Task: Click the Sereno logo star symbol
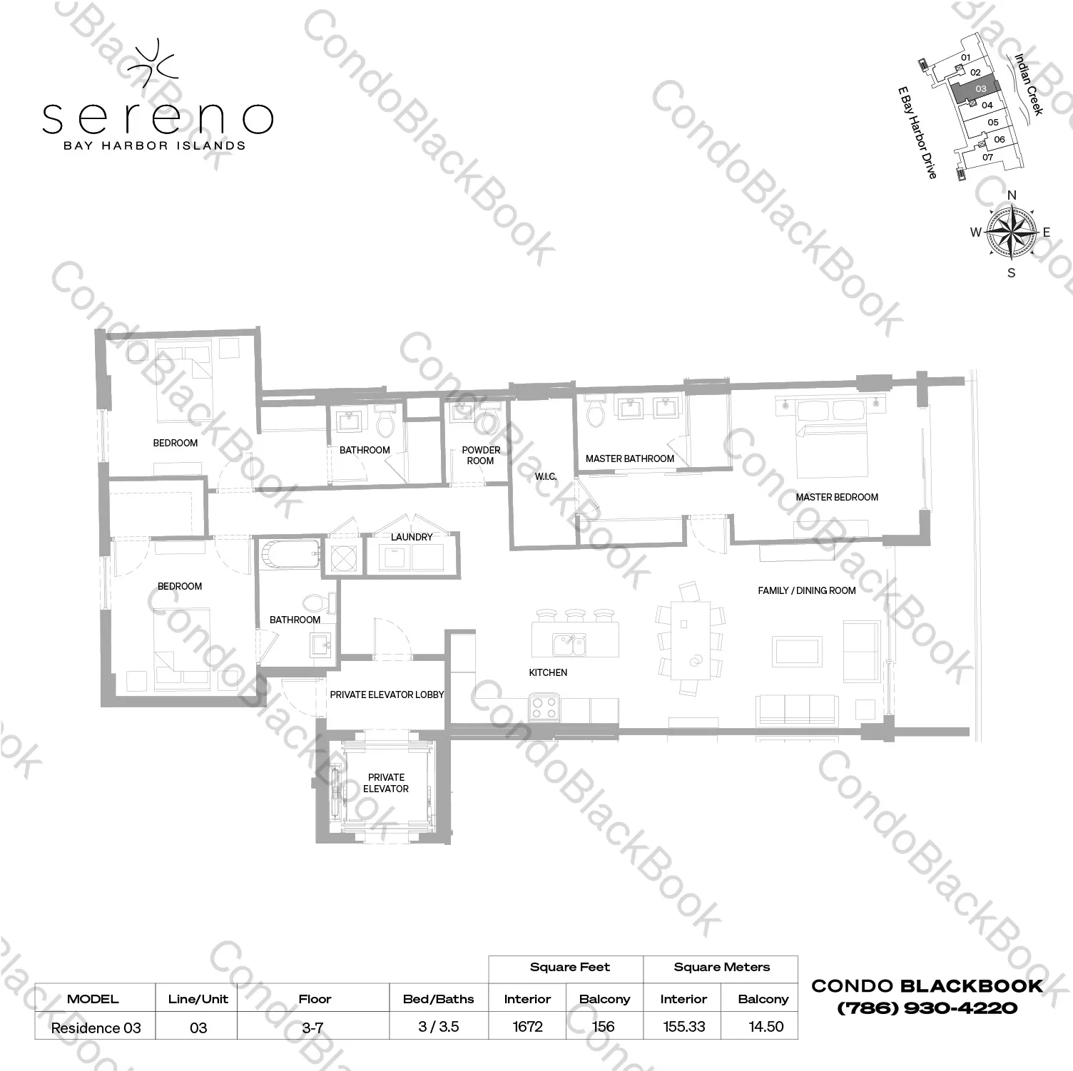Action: (153, 60)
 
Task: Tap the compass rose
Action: (1011, 231)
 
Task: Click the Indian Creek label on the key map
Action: (1029, 84)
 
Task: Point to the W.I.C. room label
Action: (546, 476)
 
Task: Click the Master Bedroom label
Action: (837, 497)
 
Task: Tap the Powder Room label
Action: (481, 456)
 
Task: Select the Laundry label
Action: (412, 537)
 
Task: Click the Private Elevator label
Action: (386, 783)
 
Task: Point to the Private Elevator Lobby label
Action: (387, 695)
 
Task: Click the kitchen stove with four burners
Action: (544, 708)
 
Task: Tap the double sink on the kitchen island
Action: (569, 645)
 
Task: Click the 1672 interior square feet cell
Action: (527, 1027)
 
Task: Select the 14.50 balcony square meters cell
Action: (766, 1027)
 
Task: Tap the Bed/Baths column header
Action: (438, 999)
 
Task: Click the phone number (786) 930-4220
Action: (927, 1008)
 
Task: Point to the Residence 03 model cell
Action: (96, 1028)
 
